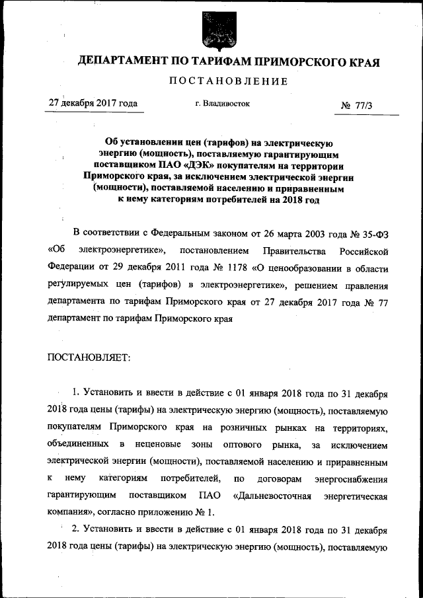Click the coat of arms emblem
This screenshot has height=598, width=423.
point(211,30)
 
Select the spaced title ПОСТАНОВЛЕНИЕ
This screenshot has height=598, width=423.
point(229,82)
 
